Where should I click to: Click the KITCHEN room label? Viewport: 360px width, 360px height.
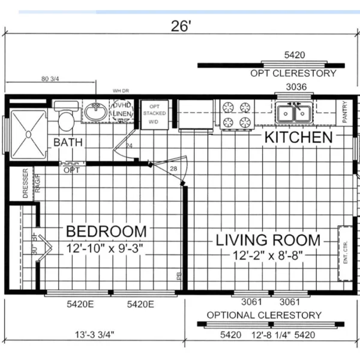click(299, 137)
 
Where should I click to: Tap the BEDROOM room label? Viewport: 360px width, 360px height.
click(106, 231)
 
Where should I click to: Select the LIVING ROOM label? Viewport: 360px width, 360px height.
click(268, 240)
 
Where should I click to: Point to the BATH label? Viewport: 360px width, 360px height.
click(68, 143)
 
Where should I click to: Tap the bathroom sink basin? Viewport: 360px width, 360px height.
click(95, 112)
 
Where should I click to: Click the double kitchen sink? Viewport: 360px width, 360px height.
click(294, 112)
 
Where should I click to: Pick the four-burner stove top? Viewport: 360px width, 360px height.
click(236, 115)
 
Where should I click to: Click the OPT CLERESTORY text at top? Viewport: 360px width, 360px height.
click(293, 73)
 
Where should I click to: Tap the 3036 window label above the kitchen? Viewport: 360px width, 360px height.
click(294, 88)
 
